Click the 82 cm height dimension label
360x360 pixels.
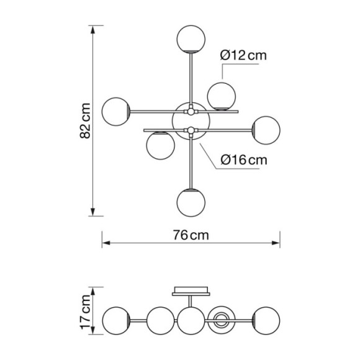tap(85, 121)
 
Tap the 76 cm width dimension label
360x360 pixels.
tap(191, 235)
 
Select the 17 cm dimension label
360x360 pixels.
tap(85, 312)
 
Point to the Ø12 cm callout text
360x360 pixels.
tap(243, 55)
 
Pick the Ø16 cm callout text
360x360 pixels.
tap(244, 160)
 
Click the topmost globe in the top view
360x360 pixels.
tap(191, 39)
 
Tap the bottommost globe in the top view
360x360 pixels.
tap(191, 202)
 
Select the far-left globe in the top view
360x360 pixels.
tap(116, 112)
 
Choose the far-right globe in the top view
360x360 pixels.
tap(266, 130)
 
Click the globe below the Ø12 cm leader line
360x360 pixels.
tap(222, 96)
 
